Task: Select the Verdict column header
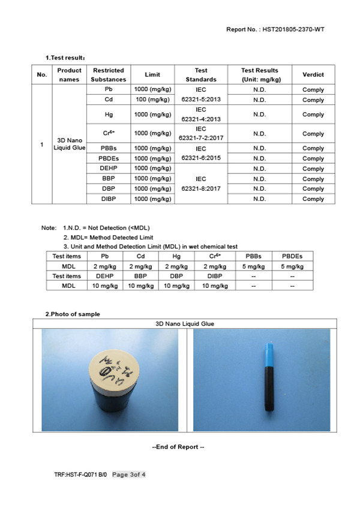coord(313,74)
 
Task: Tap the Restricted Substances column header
coord(109,74)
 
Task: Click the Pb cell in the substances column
coord(109,89)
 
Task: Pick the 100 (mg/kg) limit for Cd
coord(152,100)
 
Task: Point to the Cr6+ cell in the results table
coord(109,133)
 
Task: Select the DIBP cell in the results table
coord(109,199)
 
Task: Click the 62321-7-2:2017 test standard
coord(200,138)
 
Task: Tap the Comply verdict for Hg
coord(313,114)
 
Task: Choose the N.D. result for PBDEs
coord(259,158)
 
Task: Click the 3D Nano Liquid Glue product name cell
coord(69,144)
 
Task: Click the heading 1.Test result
coord(65,58)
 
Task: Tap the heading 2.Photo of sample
coord(73,314)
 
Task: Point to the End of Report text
coord(178,447)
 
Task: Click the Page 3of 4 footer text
coord(129,474)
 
